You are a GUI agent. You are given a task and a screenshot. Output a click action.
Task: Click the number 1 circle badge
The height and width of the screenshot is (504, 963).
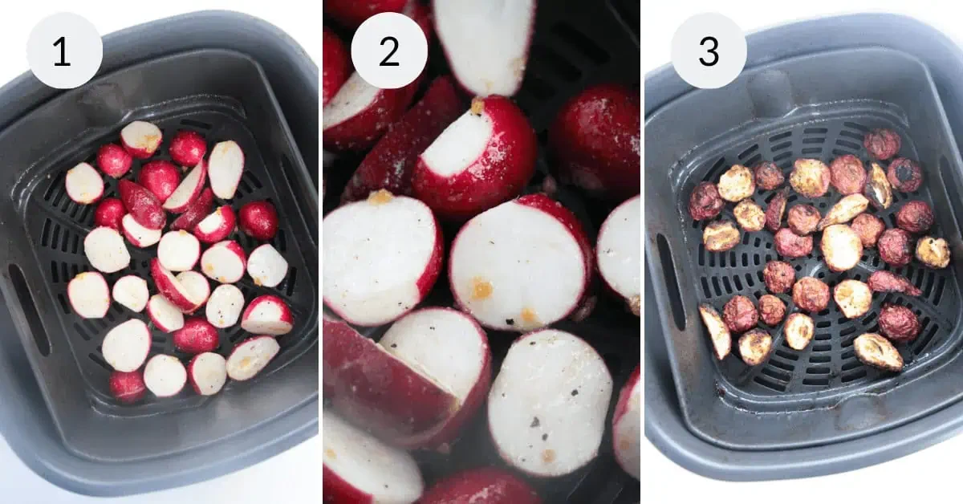tap(64, 51)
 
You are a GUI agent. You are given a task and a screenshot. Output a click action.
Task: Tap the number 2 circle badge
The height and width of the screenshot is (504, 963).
tap(388, 51)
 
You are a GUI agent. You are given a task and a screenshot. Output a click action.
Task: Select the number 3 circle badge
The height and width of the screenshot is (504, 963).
tap(709, 51)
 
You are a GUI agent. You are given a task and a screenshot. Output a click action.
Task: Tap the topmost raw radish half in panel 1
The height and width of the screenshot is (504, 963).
tap(141, 139)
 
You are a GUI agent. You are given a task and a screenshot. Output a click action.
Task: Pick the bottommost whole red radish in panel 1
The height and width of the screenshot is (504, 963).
tap(128, 385)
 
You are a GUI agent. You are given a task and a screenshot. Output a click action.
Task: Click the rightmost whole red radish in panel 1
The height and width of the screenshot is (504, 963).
tap(258, 220)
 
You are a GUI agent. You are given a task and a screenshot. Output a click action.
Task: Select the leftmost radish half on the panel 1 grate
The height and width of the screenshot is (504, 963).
tap(84, 183)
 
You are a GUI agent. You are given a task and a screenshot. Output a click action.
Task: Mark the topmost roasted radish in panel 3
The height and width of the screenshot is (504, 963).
tap(882, 144)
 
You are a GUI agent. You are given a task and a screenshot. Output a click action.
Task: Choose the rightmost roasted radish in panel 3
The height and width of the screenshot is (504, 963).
tap(933, 252)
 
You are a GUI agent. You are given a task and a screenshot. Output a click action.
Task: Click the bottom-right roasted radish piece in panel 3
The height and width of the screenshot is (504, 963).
tap(878, 352)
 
